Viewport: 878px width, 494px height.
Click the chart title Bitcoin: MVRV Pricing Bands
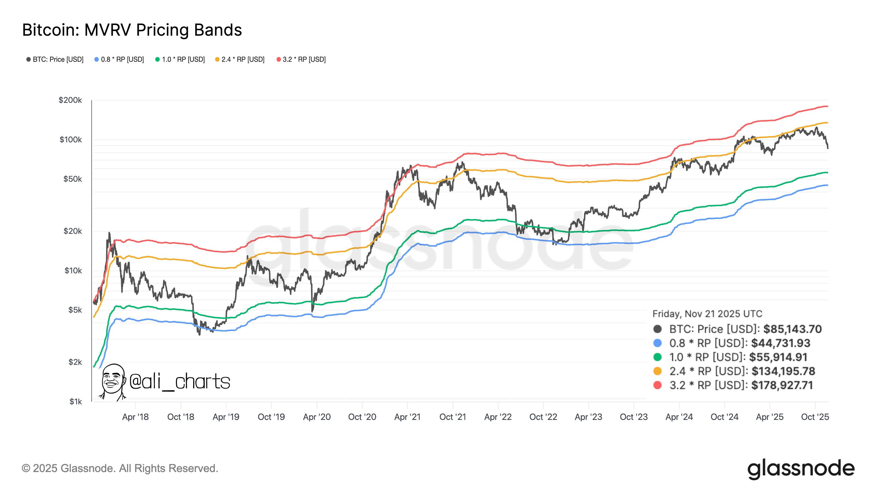tap(132, 30)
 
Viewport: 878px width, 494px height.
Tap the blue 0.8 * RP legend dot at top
tap(97, 59)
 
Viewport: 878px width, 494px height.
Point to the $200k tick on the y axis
tap(70, 100)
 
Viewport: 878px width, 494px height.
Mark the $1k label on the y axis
tap(75, 401)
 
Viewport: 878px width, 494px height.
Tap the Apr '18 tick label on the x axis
tap(135, 417)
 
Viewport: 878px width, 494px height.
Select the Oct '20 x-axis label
tap(362, 417)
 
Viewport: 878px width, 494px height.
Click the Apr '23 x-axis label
tap(588, 417)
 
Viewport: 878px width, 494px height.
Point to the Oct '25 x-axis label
tap(815, 417)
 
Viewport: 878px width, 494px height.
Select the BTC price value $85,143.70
tap(792, 329)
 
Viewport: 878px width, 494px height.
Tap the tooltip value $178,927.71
tap(782, 385)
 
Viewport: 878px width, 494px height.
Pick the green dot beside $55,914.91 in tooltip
tap(657, 357)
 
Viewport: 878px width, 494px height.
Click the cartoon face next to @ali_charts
tap(113, 381)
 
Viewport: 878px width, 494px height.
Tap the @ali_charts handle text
tap(180, 381)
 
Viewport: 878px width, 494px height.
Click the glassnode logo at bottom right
tap(801, 469)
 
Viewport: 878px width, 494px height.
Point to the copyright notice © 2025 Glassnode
tap(120, 468)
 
